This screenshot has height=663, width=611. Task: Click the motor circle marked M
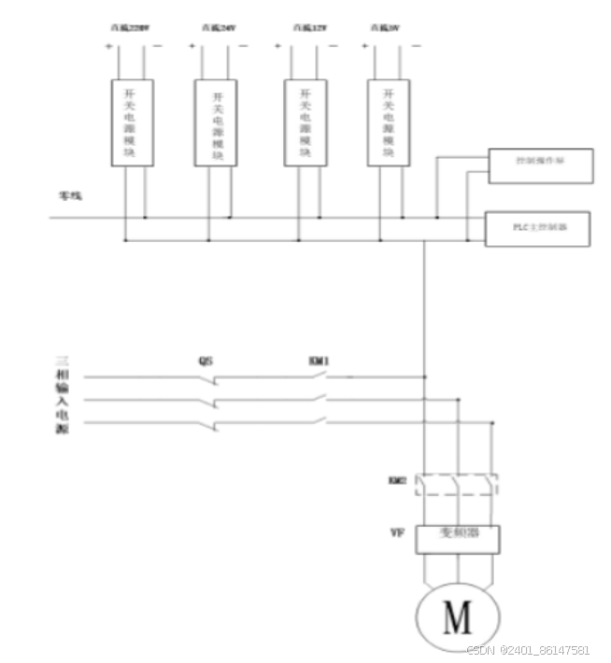[x=457, y=617]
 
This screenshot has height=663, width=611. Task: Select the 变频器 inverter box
[x=457, y=538]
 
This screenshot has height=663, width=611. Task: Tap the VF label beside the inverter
[x=396, y=534]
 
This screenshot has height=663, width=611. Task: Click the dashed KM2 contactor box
[x=457, y=485]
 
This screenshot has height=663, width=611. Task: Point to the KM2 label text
[x=396, y=482]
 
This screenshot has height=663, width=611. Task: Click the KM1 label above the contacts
[x=320, y=360]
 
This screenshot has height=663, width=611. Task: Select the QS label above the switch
[x=206, y=360]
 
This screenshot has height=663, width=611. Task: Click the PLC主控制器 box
[x=537, y=229]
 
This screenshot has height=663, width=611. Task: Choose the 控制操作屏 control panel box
[x=540, y=164]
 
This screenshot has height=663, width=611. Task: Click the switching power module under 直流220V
[x=132, y=123]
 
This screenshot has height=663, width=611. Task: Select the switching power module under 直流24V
[x=216, y=123]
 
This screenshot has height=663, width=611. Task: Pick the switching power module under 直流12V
[x=305, y=123]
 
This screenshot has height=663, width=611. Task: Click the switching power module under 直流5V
[x=389, y=123]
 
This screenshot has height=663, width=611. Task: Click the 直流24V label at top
[x=216, y=28]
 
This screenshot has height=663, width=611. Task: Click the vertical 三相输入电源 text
[x=64, y=392]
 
